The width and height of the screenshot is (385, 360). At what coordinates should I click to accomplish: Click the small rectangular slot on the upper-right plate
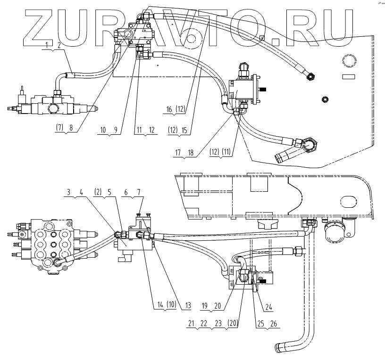[348, 77]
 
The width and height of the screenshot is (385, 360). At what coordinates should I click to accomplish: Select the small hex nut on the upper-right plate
[324, 99]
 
